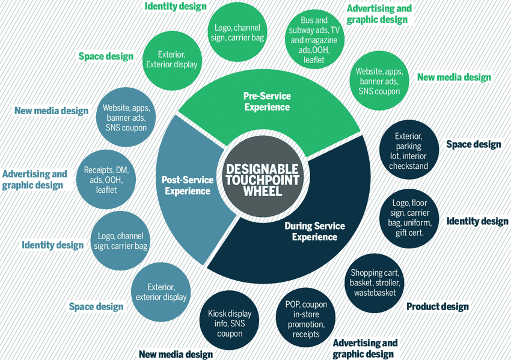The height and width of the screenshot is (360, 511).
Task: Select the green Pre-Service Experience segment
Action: coord(267,102)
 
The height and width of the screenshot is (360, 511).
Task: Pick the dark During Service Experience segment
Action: coord(314,231)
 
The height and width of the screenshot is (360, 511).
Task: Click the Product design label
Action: coord(437,307)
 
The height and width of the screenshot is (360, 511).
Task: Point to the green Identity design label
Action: coord(176,7)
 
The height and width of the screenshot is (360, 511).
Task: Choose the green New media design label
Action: coord(454,78)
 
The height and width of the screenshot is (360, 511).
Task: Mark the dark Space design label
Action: coord(473,145)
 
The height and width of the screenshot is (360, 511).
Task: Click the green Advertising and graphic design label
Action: coord(379,14)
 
